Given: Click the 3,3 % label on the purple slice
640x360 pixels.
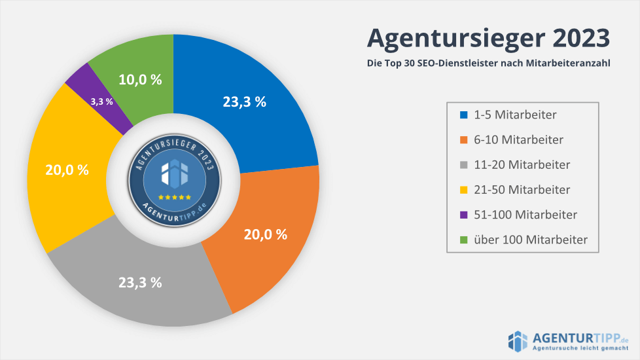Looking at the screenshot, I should click(x=101, y=101).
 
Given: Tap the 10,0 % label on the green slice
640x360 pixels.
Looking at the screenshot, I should click(x=140, y=79).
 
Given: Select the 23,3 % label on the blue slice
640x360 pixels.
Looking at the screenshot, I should click(x=244, y=101).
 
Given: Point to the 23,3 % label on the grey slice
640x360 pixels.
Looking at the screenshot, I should click(x=140, y=283).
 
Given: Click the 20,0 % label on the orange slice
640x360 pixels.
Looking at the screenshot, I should click(x=265, y=234).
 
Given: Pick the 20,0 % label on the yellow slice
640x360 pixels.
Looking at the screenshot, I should click(x=67, y=170).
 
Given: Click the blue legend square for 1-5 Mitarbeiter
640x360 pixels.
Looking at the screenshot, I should click(x=464, y=115).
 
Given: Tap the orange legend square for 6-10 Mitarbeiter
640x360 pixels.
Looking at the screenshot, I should click(x=464, y=140).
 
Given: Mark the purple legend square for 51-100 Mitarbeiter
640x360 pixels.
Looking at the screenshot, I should click(x=464, y=215).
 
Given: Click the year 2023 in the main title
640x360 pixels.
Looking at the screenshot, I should click(x=582, y=37).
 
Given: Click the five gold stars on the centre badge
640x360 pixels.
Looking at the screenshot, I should click(x=173, y=196).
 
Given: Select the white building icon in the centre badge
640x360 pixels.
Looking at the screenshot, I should click(x=173, y=173).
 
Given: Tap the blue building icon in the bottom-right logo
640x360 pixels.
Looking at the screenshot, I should click(x=518, y=340).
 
